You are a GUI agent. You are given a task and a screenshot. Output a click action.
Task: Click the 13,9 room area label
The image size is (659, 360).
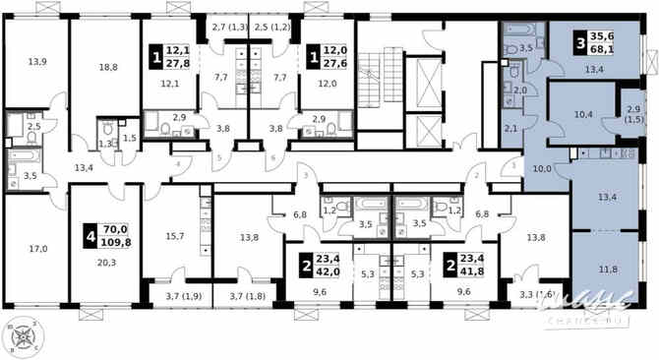point(37,62)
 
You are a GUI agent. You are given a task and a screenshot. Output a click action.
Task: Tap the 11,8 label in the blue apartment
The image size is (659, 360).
point(609,269)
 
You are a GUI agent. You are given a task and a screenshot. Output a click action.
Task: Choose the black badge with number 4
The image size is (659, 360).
point(90,234)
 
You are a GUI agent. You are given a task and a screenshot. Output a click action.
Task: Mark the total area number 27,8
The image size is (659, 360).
point(177,61)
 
